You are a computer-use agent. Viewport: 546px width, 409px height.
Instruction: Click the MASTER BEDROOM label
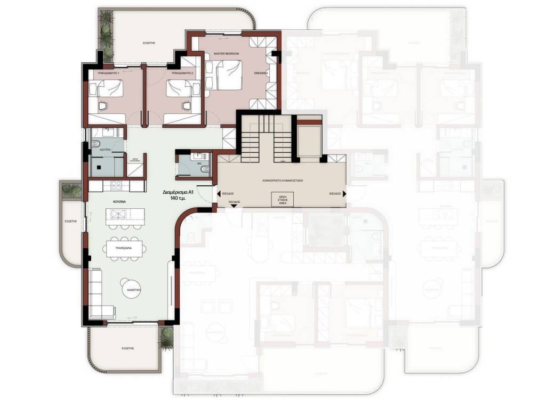(x=226, y=54)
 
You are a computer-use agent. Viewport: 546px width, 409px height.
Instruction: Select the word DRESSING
(x=261, y=73)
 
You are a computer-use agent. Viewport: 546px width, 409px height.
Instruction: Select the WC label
(x=199, y=163)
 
